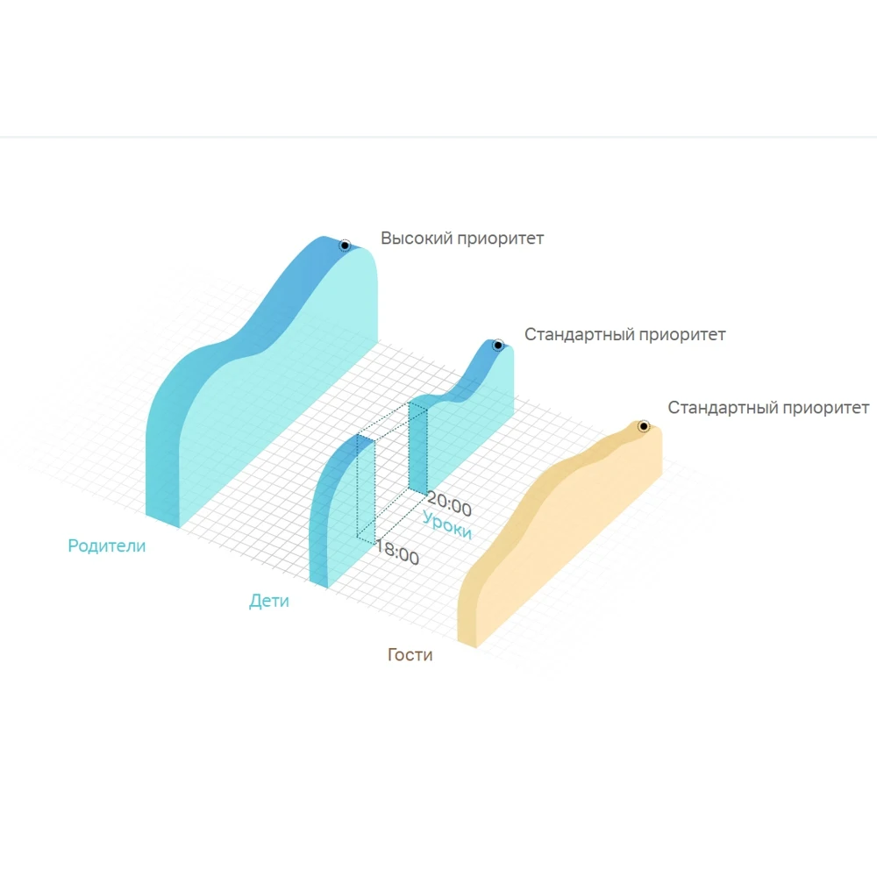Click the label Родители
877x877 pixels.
point(106,545)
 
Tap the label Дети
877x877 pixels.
point(268,602)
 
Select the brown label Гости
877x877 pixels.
point(410,654)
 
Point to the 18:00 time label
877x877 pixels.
point(396,554)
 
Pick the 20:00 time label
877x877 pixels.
point(448,507)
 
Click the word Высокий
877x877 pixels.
point(417,238)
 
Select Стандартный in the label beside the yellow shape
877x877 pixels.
point(722,408)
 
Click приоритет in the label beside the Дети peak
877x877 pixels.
point(684,334)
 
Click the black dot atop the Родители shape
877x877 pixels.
point(345,246)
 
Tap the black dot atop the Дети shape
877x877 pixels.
point(497,345)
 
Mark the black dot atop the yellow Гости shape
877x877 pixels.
point(643,426)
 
